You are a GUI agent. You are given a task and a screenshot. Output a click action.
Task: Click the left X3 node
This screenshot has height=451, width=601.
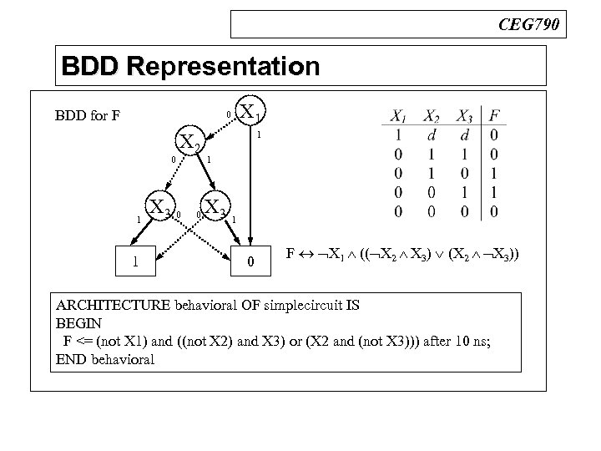159,206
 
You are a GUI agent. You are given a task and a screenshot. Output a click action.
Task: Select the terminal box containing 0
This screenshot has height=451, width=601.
251,263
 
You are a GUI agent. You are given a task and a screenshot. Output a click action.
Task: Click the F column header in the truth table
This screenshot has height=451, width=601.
496,116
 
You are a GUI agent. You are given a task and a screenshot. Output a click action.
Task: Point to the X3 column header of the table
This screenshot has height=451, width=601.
466,116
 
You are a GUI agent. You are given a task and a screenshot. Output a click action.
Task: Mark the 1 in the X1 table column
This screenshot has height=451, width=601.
402,134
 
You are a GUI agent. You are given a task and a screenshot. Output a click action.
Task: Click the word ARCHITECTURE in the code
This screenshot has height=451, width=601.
109,306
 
